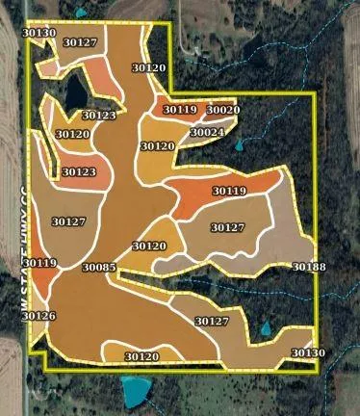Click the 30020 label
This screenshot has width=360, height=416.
(223, 110)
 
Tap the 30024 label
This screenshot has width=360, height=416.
(207, 132)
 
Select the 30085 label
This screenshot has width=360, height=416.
(99, 267)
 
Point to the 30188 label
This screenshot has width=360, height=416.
(309, 267)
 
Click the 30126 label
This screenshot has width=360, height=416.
(39, 316)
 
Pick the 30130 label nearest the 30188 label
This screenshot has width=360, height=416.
(308, 353)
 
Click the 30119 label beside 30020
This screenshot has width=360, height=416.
(180, 110)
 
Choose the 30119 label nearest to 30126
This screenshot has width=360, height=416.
(39, 263)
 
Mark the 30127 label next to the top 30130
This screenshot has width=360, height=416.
(80, 42)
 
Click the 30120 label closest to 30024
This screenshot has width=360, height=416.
(158, 146)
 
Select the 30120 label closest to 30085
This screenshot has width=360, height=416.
(149, 247)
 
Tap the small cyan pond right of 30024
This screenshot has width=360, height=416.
(239, 145)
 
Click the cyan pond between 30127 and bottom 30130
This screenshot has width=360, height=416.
(265, 330)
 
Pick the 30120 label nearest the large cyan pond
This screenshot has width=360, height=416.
(141, 356)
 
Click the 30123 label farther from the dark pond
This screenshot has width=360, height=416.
(79, 172)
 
